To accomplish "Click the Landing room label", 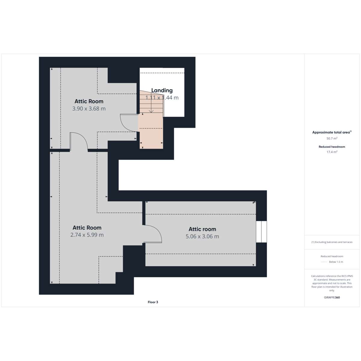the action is point(162,90).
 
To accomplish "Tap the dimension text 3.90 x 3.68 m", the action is point(89,109).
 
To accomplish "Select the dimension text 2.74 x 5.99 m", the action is point(87,235).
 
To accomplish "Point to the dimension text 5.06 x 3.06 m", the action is point(202,236).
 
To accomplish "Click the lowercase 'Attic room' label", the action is point(202,229).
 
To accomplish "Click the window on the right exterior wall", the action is point(261,232).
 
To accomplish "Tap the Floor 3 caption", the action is point(153,302).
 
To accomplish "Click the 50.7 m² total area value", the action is point(332,138).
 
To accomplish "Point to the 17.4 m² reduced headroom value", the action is point(332,152).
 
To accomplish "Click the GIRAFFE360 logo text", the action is point(332,298).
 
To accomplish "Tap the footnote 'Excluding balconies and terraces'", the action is point(334,242).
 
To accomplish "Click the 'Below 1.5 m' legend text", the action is point(336,262).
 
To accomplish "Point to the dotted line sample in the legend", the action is point(324,262).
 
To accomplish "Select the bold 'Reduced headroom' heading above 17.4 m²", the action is point(332,147).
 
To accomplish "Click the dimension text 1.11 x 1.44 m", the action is point(162,98).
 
